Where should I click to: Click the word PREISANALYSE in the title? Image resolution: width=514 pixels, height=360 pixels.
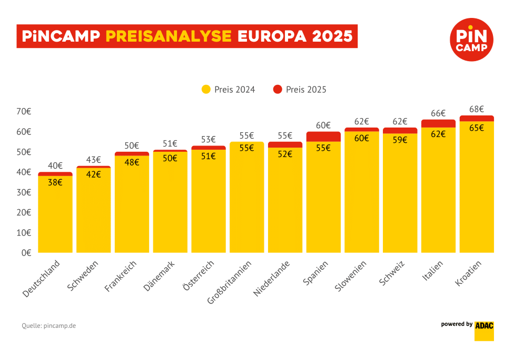pyautogui.click(x=169, y=36)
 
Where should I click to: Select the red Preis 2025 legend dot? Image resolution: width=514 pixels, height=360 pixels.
pyautogui.click(x=278, y=90)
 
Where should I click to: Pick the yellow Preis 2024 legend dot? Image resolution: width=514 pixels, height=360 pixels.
pyautogui.click(x=206, y=90)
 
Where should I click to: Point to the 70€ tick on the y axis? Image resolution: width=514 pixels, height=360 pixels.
pyautogui.click(x=24, y=112)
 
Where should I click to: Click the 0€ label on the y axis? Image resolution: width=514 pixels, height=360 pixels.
pyautogui.click(x=26, y=253)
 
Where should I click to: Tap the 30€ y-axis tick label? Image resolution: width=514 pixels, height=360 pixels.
pyautogui.click(x=24, y=192)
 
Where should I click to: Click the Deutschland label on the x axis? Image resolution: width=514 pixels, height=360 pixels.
pyautogui.click(x=42, y=278)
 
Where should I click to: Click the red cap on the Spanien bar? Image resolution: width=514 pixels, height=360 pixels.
pyautogui.click(x=323, y=137)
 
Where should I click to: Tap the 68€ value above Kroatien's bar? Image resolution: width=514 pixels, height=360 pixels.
pyautogui.click(x=477, y=109)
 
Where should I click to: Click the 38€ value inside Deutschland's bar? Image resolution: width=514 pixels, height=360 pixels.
pyautogui.click(x=55, y=183)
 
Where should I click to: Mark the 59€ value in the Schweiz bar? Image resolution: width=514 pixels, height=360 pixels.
pyautogui.click(x=400, y=141)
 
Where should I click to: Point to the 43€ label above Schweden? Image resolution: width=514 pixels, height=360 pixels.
pyautogui.click(x=94, y=160)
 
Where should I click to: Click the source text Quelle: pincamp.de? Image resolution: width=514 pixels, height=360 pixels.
pyautogui.click(x=49, y=326)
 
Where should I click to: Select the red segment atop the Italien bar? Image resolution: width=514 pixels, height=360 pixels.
pyautogui.click(x=438, y=123)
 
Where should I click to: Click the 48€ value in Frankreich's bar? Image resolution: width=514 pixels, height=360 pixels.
pyautogui.click(x=132, y=163)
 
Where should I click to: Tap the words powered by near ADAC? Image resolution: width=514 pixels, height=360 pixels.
pyautogui.click(x=457, y=324)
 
